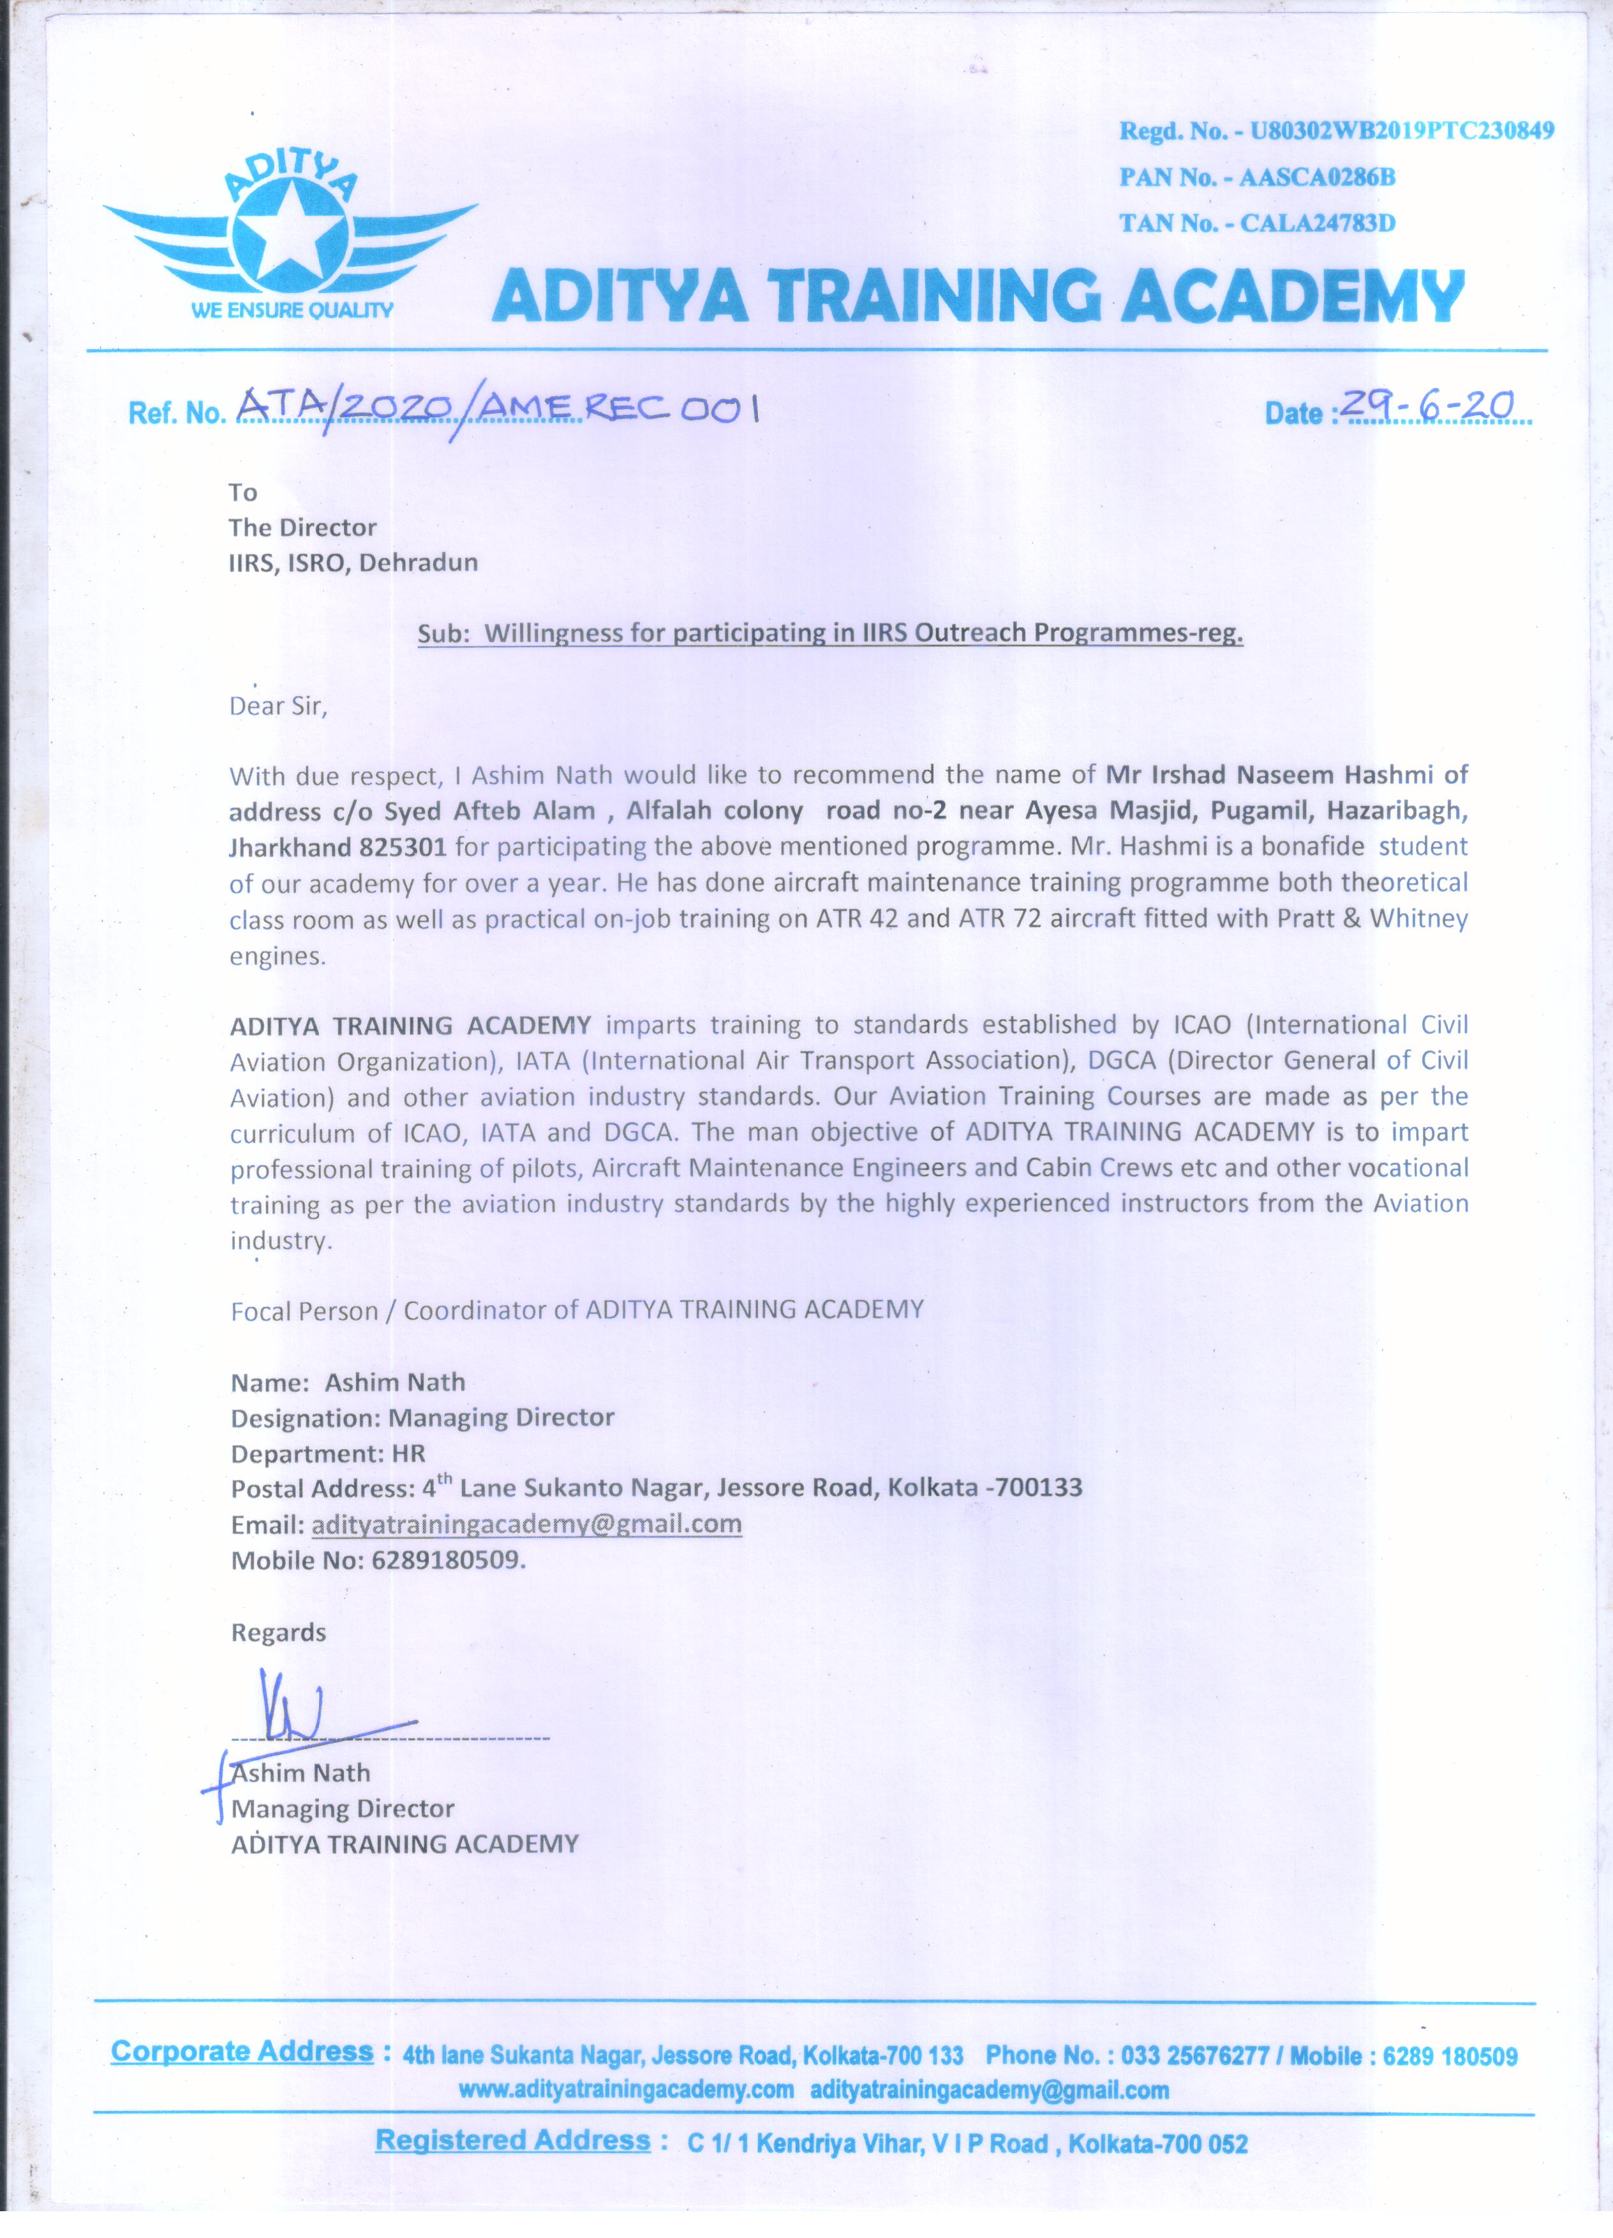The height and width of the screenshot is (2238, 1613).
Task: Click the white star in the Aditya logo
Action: (290, 233)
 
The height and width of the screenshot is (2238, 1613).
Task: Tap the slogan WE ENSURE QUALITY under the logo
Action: (292, 311)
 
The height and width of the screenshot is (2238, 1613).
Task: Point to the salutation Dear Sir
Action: (277, 706)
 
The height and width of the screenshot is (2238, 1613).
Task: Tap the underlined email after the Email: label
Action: (526, 1525)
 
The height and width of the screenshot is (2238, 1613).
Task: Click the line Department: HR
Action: (327, 1454)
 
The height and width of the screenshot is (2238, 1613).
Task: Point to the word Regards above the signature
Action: (278, 1633)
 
